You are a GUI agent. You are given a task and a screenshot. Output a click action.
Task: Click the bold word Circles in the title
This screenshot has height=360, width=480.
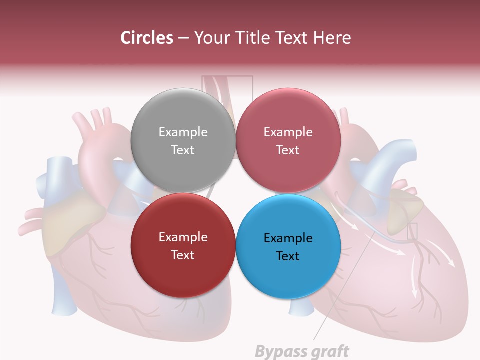click(x=146, y=38)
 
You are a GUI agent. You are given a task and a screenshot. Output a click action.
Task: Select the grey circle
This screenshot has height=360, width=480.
click(x=183, y=141)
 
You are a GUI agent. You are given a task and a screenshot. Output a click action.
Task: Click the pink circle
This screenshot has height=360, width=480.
click(x=288, y=141)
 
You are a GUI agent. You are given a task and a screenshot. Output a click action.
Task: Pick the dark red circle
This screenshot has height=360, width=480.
click(x=183, y=246)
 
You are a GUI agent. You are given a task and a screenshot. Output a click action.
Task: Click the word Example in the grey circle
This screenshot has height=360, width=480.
click(x=183, y=132)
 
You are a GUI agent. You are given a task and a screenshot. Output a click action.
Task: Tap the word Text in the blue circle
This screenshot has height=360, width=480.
click(x=288, y=256)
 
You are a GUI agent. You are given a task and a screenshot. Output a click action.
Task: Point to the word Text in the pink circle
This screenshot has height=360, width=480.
click(x=288, y=150)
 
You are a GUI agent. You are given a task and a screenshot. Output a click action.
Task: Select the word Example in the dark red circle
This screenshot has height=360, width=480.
click(x=183, y=237)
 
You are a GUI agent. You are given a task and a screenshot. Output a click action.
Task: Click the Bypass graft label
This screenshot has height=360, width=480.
click(x=302, y=351)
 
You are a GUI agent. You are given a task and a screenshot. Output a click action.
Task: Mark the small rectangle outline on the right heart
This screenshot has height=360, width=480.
click(x=412, y=231)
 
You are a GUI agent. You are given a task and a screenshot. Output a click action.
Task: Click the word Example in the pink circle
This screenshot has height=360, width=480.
click(x=288, y=132)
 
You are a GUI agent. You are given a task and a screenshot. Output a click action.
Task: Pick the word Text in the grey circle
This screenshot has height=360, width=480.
click(x=183, y=150)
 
